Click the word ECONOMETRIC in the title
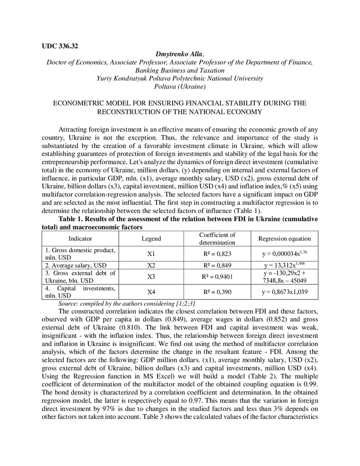(x=76, y=103)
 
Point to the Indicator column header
(x=80, y=238)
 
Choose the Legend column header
(x=151, y=238)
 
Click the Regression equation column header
(x=284, y=238)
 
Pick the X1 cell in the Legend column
(x=151, y=253)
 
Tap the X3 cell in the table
(x=151, y=276)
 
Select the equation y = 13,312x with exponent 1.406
(x=284, y=265)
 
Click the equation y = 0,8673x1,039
(x=284, y=292)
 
